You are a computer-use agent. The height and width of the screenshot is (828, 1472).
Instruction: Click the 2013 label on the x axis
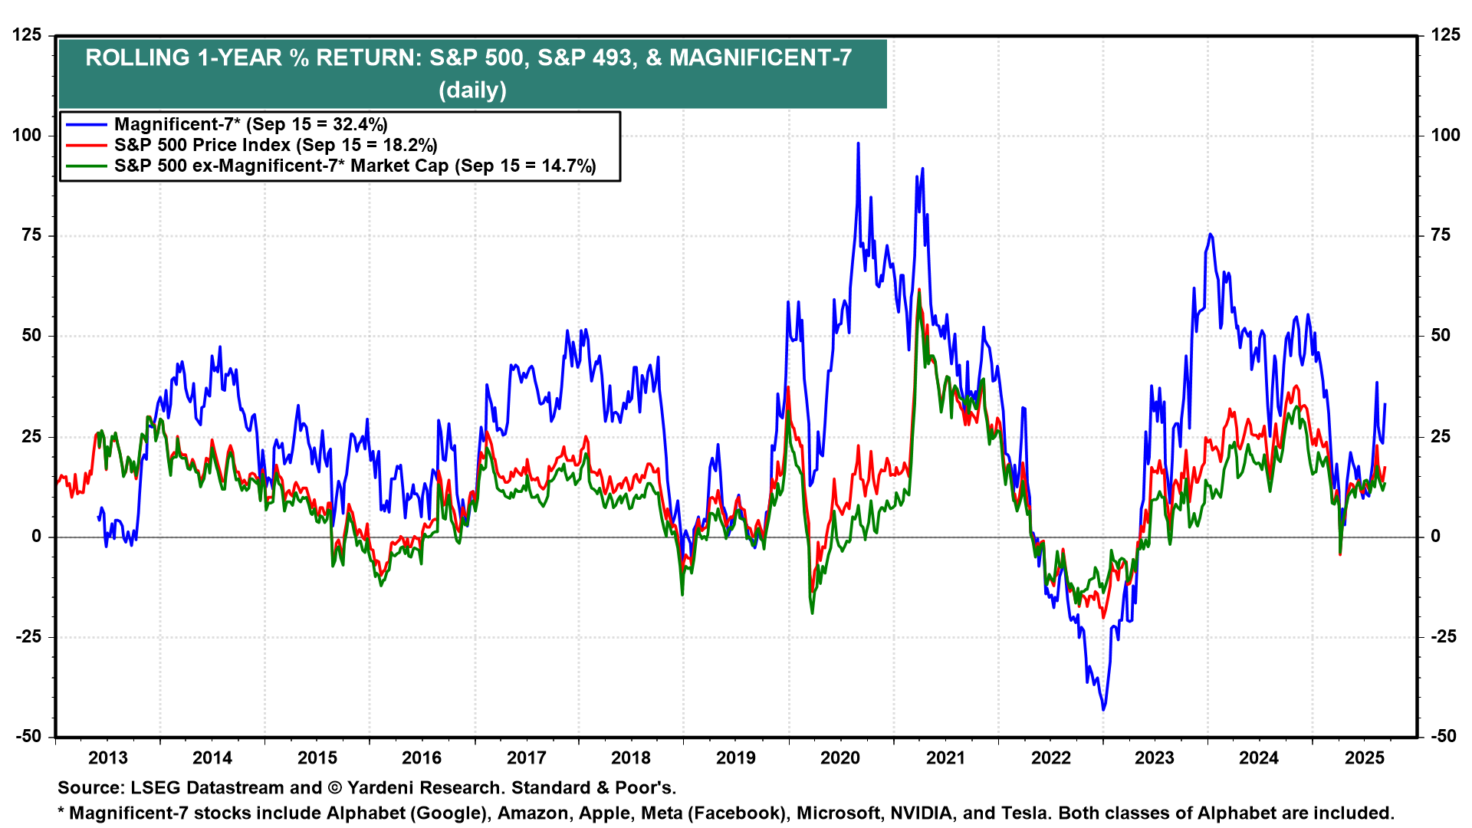click(x=107, y=758)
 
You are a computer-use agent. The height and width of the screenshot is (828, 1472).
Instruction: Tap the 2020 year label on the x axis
click(x=840, y=758)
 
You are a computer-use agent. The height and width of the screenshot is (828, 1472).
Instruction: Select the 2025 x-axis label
click(x=1365, y=758)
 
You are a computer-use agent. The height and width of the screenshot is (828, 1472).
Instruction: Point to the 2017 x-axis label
click(x=526, y=758)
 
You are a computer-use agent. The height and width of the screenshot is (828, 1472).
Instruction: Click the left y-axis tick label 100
click(x=27, y=136)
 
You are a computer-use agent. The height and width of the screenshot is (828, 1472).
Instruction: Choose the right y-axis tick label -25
click(x=1443, y=636)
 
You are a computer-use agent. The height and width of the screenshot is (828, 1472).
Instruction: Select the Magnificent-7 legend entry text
click(x=251, y=124)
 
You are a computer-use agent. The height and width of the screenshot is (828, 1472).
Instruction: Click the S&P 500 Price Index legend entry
click(x=275, y=145)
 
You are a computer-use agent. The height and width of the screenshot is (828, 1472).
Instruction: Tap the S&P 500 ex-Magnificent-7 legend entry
click(x=355, y=166)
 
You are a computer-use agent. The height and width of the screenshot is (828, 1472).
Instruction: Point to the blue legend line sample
click(x=86, y=124)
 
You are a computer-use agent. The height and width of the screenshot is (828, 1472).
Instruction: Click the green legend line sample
click(x=86, y=166)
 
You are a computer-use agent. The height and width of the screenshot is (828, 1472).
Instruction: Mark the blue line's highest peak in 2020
click(x=858, y=143)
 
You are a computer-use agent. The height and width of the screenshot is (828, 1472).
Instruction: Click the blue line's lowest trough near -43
click(x=1103, y=709)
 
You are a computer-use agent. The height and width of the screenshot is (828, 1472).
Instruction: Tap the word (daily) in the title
click(x=472, y=90)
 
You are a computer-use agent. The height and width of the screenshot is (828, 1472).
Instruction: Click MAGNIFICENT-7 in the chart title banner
click(x=761, y=58)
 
